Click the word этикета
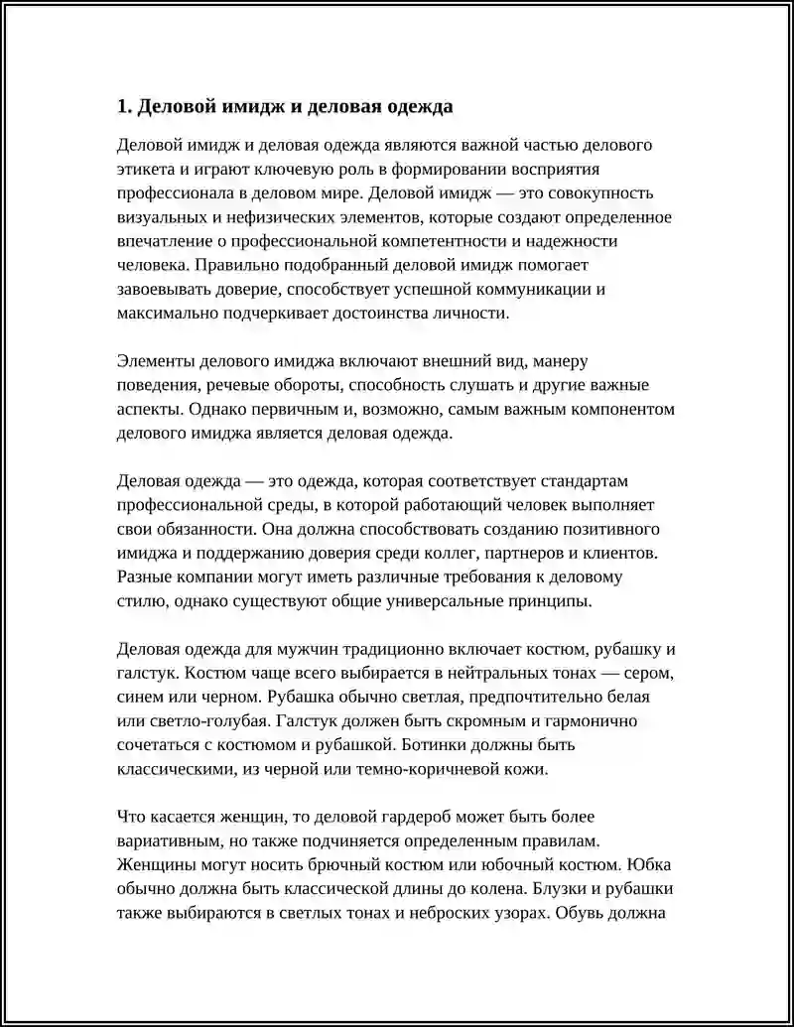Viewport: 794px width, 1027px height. [x=147, y=169]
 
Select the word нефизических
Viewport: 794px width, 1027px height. [x=255, y=216]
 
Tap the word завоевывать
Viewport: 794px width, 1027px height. [x=163, y=289]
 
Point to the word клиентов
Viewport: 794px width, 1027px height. [x=616, y=553]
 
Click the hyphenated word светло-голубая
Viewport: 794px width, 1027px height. [x=199, y=721]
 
